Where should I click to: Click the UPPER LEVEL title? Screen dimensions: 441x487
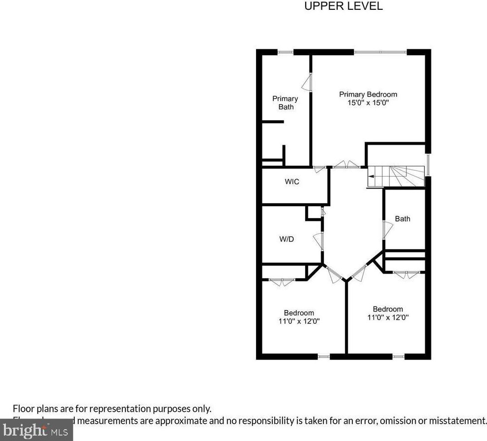(344, 6)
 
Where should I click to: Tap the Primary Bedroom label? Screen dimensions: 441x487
(368, 94)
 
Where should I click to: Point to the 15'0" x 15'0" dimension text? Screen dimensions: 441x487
(368, 103)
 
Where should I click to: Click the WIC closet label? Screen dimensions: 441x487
(292, 182)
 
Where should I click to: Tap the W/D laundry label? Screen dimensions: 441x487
(286, 240)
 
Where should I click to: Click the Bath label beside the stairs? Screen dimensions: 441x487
(402, 219)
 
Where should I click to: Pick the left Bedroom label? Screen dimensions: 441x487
(299, 313)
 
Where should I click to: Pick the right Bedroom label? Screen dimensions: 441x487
(388, 309)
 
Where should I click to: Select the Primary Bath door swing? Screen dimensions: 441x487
(307, 82)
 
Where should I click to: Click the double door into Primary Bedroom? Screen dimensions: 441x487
(346, 165)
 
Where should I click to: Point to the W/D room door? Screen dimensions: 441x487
(318, 241)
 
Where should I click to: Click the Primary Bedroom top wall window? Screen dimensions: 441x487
(380, 52)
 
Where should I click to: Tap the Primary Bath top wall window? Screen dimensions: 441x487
(286, 52)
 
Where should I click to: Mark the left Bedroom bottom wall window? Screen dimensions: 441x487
(323, 356)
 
